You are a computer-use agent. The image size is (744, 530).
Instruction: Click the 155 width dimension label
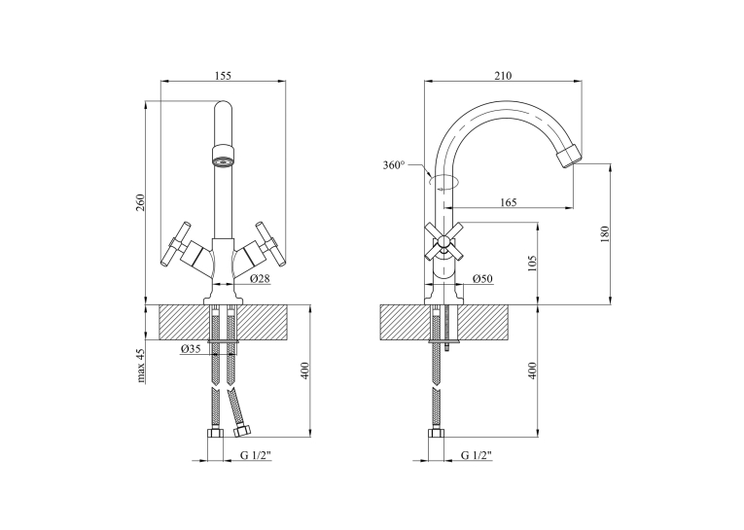[x=223, y=76]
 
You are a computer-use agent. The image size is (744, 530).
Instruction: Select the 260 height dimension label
[x=140, y=202]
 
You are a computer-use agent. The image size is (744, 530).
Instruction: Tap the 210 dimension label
[x=503, y=76]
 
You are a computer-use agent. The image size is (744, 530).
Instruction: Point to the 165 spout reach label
[x=509, y=202]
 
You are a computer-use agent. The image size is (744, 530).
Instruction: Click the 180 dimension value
[x=604, y=234]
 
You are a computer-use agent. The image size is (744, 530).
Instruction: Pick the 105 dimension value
[x=531, y=264]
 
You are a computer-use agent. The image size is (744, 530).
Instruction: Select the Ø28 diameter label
[x=260, y=278]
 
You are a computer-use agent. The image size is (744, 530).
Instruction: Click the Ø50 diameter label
[x=482, y=278]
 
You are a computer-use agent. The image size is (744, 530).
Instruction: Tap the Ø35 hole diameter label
[x=191, y=349]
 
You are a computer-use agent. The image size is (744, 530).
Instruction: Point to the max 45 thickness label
[x=140, y=366]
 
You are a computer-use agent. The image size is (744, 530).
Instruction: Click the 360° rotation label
[x=394, y=165]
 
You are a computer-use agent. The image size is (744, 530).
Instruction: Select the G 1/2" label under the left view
[x=255, y=455]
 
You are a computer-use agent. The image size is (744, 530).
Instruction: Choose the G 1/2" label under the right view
[x=477, y=455]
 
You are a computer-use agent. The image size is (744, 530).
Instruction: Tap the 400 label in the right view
[x=531, y=371]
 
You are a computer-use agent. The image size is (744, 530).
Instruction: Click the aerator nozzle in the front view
[x=223, y=156]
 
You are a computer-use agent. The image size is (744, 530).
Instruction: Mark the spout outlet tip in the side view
[x=569, y=156]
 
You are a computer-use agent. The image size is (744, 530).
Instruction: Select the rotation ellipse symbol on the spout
[x=444, y=182]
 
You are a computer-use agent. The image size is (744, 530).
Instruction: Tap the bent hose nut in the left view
[x=243, y=431]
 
